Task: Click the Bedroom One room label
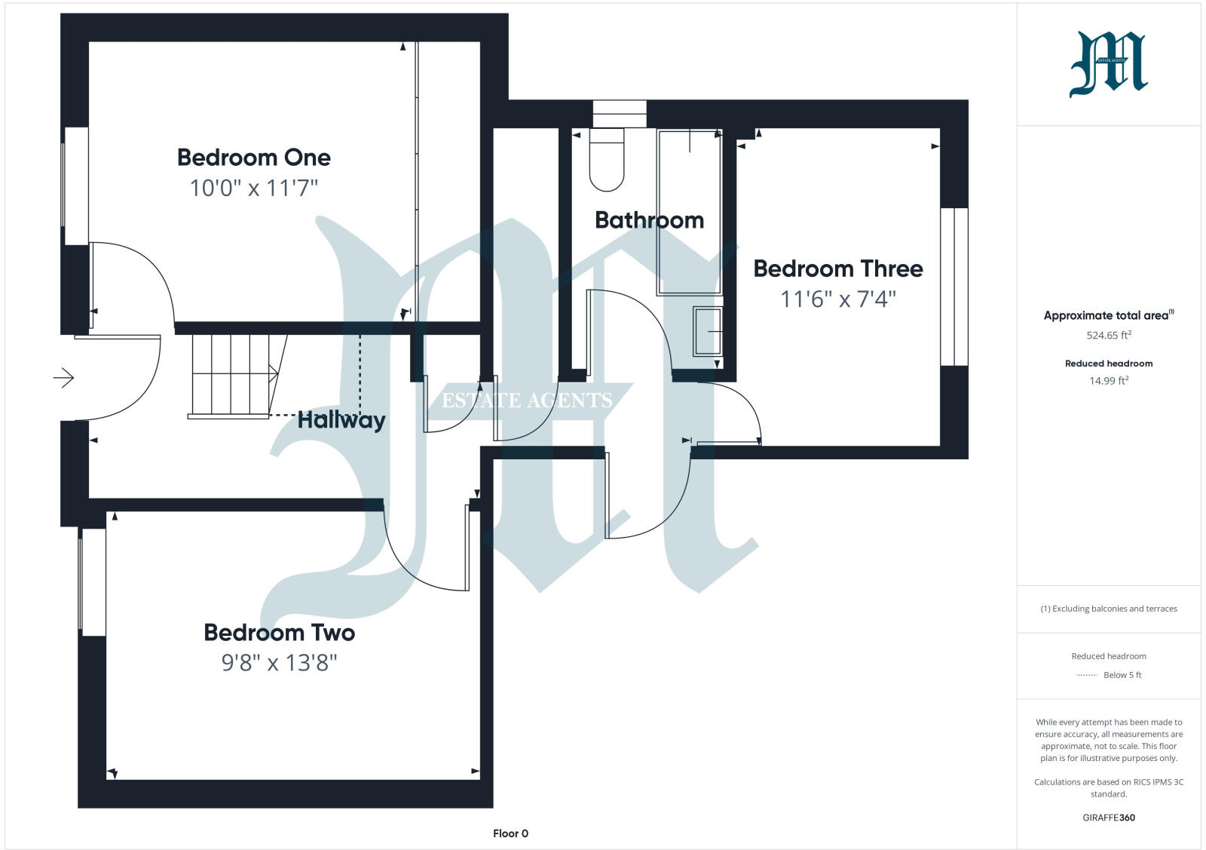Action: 253,157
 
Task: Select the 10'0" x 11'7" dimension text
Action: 253,188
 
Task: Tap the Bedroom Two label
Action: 279,632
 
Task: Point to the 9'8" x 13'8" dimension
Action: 279,663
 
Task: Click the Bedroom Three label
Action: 837,269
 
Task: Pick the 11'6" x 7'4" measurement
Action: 837,299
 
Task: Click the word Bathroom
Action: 649,220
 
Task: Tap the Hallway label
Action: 341,420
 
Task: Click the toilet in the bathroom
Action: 607,160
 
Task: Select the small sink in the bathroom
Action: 707,331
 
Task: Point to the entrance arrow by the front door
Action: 64,377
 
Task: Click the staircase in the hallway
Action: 230,374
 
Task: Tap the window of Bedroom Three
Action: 953,287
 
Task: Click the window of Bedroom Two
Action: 93,581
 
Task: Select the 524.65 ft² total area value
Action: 1108,335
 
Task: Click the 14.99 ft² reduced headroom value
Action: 1108,381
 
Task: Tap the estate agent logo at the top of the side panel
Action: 1108,64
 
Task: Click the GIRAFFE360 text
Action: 1108,818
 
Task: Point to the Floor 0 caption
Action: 510,833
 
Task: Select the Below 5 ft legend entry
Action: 1122,675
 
